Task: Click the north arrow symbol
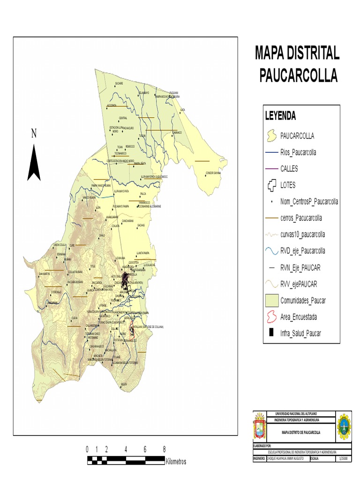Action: pos(33,163)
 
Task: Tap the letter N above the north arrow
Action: pos(34,134)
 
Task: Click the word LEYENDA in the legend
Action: pos(280,115)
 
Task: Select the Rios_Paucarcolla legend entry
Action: pos(298,152)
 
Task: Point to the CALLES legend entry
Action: pos(289,169)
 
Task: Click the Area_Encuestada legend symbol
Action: pos(270,317)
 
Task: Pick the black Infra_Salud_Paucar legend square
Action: pos(270,333)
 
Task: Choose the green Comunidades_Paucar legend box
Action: pos(270,300)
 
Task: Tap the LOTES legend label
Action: pos(288,185)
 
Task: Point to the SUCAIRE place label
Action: pos(119,83)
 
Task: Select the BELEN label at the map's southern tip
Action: pos(124,384)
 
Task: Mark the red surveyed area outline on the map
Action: pos(132,331)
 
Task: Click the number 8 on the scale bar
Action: pos(164,449)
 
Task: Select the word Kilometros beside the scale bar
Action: pos(176,462)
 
